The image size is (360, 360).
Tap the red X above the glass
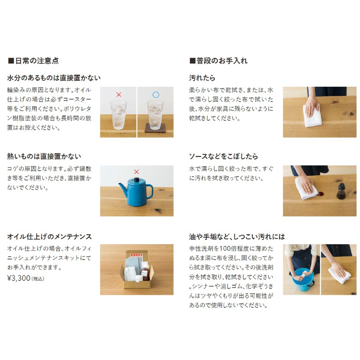(x=119, y=94)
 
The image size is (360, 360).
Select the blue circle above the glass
(x=156, y=94)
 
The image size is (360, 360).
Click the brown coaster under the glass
(x=155, y=128)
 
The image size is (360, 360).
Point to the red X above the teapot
(x=136, y=171)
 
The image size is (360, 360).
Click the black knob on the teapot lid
(x=137, y=179)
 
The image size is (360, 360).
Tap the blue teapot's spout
(x=122, y=189)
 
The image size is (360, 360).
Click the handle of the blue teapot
(x=149, y=192)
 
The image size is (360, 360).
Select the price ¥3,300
(x=19, y=278)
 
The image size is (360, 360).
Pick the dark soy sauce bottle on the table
(x=341, y=191)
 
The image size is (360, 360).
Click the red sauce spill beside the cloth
(x=320, y=194)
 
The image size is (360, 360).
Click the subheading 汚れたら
(x=202, y=78)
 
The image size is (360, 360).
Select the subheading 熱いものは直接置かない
(x=44, y=157)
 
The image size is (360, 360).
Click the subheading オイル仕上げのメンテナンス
(x=49, y=237)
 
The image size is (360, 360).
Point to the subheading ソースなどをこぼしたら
(x=223, y=157)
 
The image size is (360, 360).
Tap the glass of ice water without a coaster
(x=118, y=115)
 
